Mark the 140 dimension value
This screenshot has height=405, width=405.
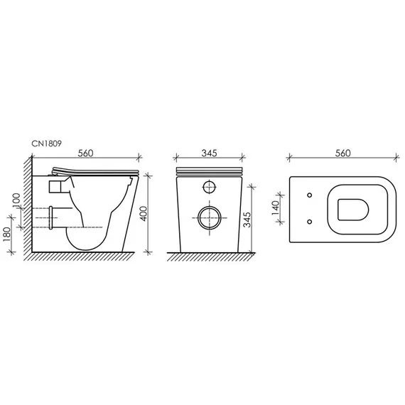pos(283,208)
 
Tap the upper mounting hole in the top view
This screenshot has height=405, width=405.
pos(310,195)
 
